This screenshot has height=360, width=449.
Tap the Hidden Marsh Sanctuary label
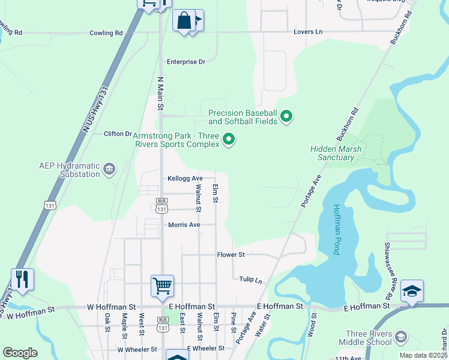[x=332, y=153]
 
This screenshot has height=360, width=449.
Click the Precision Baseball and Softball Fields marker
[x=286, y=116]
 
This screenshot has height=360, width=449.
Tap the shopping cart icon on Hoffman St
[x=162, y=286]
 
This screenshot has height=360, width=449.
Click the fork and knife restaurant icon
[x=22, y=279]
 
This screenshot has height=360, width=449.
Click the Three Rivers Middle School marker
[x=401, y=338]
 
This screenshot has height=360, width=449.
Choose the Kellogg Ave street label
[x=185, y=179]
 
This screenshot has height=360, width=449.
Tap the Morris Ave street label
[x=183, y=225]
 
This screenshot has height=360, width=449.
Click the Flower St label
[x=231, y=255]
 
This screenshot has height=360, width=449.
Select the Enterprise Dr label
[x=186, y=62]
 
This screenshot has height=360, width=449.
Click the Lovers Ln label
[x=308, y=32]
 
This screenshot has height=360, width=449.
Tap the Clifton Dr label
[x=117, y=134]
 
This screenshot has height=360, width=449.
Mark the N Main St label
[x=160, y=94]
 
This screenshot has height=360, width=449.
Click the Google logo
[x=20, y=353]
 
